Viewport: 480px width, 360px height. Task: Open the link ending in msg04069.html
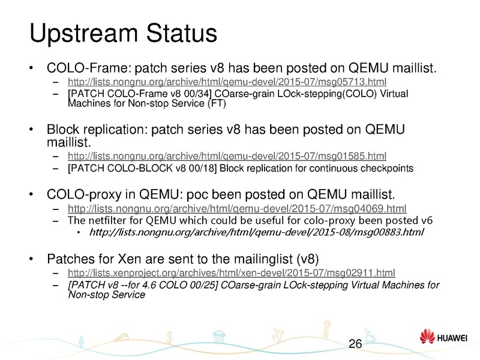coord(238,209)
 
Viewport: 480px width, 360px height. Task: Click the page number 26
coord(355,344)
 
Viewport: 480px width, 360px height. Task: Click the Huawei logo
coord(444,340)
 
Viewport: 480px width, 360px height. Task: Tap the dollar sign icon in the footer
coord(172,339)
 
